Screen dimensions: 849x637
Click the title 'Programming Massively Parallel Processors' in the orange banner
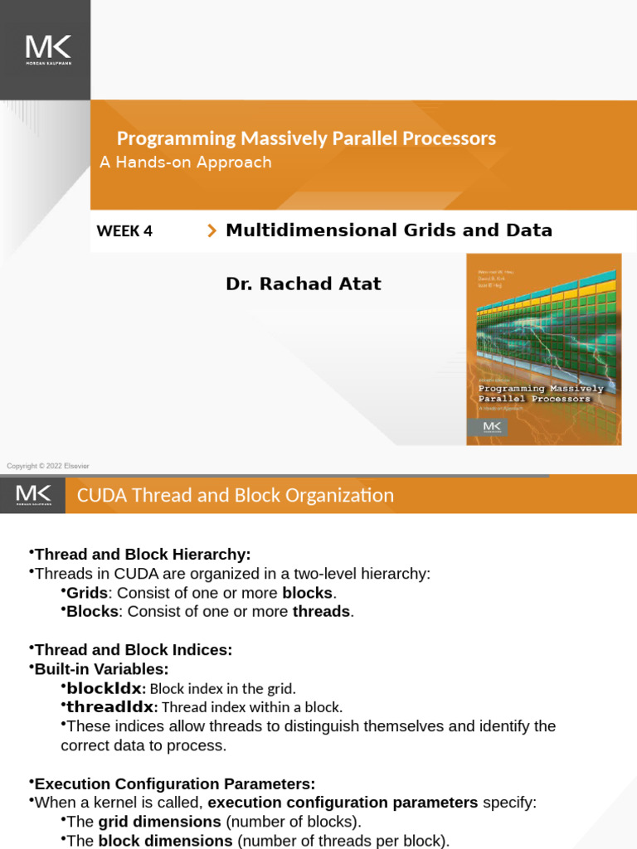(x=306, y=138)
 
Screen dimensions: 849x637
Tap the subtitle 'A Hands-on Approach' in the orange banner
(x=186, y=163)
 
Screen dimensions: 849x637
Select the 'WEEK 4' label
(x=124, y=231)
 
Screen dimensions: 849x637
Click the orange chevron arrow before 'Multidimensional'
(x=212, y=231)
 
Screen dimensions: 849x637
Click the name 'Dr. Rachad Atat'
(x=303, y=284)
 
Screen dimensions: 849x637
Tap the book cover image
(x=543, y=349)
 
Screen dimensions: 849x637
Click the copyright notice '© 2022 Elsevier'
(x=48, y=466)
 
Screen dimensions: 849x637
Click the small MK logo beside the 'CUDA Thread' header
(x=33, y=495)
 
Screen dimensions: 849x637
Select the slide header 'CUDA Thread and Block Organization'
(x=235, y=496)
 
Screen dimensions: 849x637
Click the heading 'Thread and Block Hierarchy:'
(x=142, y=554)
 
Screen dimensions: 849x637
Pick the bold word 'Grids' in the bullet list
(x=87, y=593)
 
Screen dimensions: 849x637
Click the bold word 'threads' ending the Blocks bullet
(x=321, y=612)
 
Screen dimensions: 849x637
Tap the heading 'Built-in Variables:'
(x=101, y=669)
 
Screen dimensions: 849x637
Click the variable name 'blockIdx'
(x=105, y=688)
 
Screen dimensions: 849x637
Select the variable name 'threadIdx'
(x=110, y=707)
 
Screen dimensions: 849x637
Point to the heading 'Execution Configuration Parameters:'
(x=174, y=784)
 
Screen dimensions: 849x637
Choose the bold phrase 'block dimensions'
(x=165, y=841)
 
